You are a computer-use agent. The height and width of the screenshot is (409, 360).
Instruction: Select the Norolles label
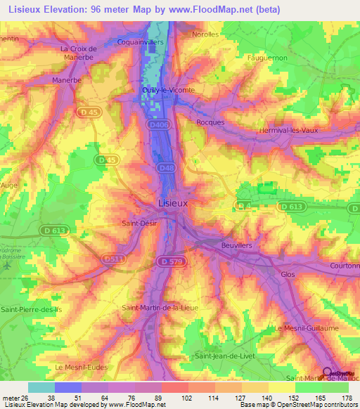[206, 34]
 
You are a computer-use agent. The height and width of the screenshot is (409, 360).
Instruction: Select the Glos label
[288, 275]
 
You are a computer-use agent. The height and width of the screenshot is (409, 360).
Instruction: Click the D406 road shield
[160, 124]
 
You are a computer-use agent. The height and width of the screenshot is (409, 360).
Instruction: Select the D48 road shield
[166, 167]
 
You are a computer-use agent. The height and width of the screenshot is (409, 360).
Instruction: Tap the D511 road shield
[112, 259]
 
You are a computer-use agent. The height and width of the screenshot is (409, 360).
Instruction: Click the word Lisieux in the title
[27, 8]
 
